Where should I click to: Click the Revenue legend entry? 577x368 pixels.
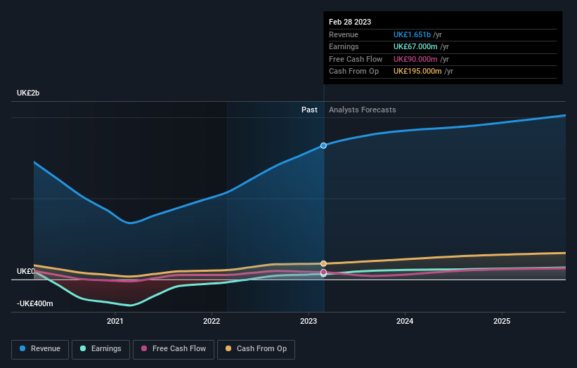40,348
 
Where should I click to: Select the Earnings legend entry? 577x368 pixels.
101,348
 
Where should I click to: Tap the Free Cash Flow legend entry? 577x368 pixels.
173,348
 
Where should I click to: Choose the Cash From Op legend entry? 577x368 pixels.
255,348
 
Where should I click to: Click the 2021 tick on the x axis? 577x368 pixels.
115,321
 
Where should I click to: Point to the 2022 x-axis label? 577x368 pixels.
212,321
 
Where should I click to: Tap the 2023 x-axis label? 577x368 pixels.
309,321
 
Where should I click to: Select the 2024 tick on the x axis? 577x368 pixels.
405,321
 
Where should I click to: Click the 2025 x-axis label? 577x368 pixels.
502,321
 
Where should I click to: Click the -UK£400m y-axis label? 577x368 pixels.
35,304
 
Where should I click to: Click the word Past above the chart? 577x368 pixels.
309,110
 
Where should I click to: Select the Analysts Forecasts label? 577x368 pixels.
362,110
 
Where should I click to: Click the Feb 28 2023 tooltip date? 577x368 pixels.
351,22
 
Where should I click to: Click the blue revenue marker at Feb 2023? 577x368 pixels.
323,145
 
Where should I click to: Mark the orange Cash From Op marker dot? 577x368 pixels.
323,263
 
